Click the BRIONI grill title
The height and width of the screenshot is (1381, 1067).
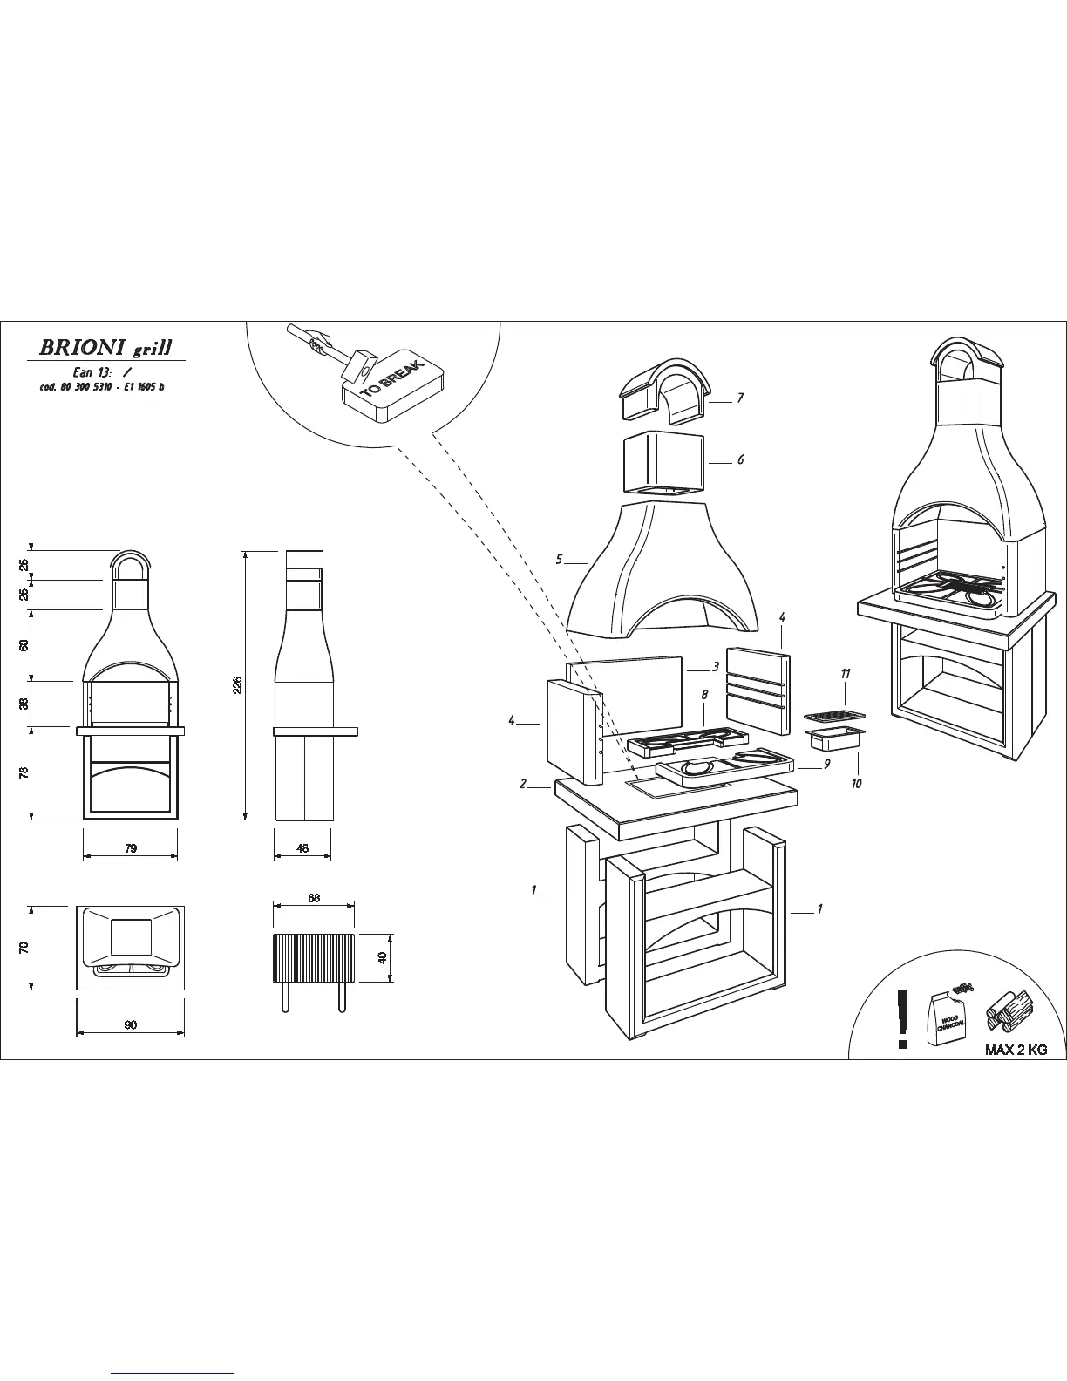pos(105,348)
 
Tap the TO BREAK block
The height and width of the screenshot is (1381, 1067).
pos(392,388)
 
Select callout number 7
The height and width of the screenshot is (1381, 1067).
pos(739,398)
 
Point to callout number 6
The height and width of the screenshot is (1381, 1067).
pos(740,459)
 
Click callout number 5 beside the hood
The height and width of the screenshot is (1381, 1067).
pos(559,559)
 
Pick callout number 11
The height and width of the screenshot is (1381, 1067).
pos(845,674)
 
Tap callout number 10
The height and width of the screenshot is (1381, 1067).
pos(856,784)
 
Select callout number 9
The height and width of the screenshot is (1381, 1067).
pos(826,765)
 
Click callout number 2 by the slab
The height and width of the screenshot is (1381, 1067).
pos(523,784)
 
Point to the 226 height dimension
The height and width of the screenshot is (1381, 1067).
pos(236,684)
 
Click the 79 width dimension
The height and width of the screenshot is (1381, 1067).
pos(130,848)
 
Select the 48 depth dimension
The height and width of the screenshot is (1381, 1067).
pos(302,848)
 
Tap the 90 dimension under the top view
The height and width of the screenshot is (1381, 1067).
pos(130,1025)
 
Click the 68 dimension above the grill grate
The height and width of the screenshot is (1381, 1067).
pos(314,897)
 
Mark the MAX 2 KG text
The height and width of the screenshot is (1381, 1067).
pos(1016,1050)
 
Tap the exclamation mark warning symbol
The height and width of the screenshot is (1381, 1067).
pos(903,1017)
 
